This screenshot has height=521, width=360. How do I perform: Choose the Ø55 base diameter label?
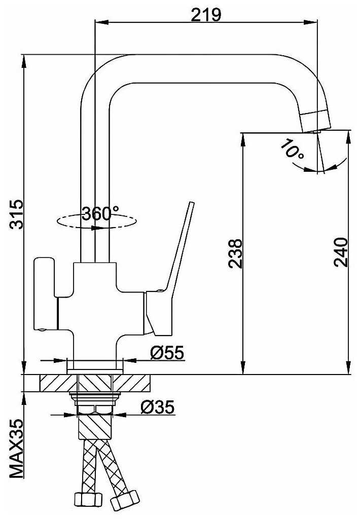167,353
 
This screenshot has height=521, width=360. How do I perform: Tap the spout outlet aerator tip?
316,121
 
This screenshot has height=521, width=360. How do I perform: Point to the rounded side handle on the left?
46,294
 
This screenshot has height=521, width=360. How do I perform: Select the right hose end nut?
125,500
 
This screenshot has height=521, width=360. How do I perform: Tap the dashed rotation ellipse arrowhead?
98,228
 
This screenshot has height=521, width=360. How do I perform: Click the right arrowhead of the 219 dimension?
310,22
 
